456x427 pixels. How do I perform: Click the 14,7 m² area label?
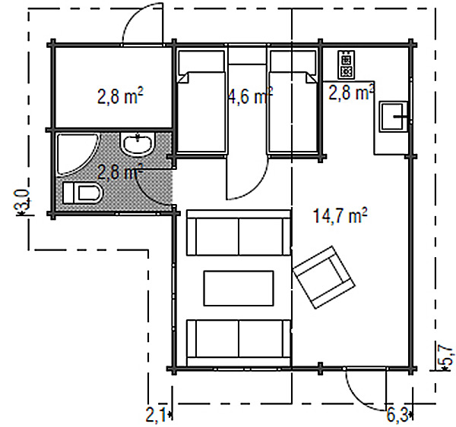[x=340, y=215]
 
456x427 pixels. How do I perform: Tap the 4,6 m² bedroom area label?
[x=250, y=96]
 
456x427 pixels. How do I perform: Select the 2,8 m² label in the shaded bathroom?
[x=120, y=172]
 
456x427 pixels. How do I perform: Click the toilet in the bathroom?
[x=83, y=193]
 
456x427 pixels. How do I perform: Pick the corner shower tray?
[x=76, y=155]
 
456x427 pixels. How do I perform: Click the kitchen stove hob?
[x=347, y=64]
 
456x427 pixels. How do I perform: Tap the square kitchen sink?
[x=394, y=116]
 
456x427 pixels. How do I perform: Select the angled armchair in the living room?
[x=324, y=277]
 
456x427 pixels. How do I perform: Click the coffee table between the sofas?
[x=239, y=288]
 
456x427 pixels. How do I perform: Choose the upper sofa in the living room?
[x=239, y=233]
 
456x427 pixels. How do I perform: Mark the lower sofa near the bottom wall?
[x=239, y=343]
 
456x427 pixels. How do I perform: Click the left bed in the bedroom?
[x=201, y=101]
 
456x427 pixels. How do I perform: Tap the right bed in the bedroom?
[x=293, y=101]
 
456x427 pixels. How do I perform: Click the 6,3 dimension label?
[x=397, y=416]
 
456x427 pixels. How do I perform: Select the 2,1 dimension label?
[x=155, y=416]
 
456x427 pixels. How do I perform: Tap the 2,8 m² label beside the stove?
[x=351, y=92]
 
